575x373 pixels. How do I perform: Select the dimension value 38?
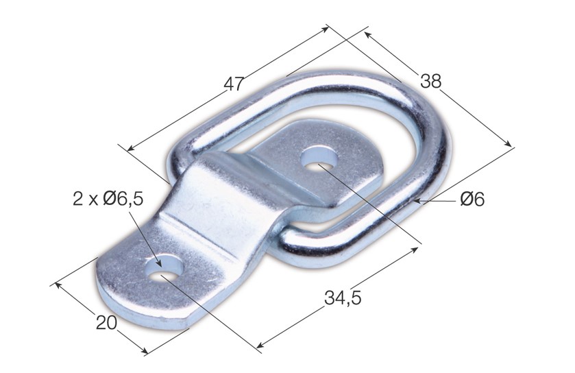pos(431,81)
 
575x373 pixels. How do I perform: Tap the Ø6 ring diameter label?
pos(473,200)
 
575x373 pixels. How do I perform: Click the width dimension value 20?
pos(106,322)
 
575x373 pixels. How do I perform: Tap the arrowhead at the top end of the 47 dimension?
pos(328,29)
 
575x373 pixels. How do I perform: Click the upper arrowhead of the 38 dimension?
pos(367,33)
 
